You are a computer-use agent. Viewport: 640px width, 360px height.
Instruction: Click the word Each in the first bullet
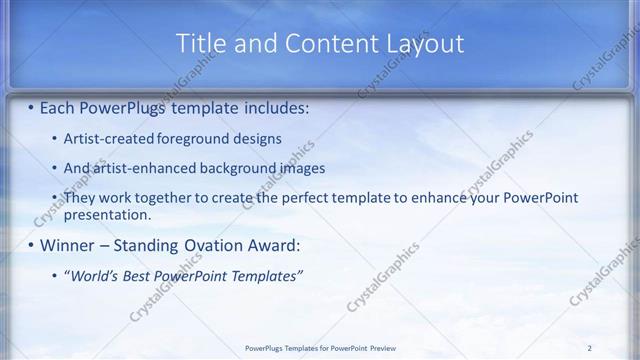pos(59,106)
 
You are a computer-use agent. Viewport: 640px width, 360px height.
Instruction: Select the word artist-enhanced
pos(139,168)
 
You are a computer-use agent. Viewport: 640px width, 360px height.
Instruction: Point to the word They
pos(80,198)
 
